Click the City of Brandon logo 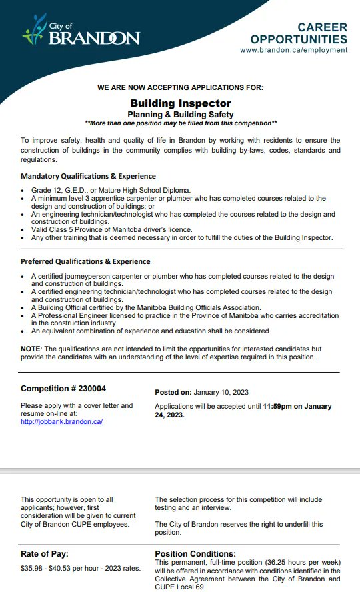[x=81, y=31]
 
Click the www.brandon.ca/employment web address [x=293, y=50]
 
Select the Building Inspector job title [x=181, y=103]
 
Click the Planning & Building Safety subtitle [x=181, y=115]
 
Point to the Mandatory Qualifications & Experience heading [x=88, y=176]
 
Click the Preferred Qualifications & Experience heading [x=85, y=261]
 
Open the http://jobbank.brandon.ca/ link [x=61, y=422]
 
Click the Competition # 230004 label [x=63, y=389]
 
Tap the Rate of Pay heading [x=45, y=553]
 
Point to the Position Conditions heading [x=195, y=553]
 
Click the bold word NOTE [x=31, y=349]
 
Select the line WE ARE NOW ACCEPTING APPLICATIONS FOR [x=180, y=87]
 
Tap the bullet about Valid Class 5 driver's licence [x=111, y=229]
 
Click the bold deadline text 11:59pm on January [x=297, y=406]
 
